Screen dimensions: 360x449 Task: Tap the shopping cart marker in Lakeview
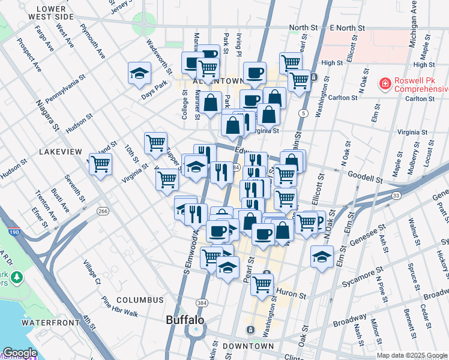(100, 164)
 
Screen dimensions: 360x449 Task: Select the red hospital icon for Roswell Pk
(384, 83)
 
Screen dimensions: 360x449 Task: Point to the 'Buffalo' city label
(185, 320)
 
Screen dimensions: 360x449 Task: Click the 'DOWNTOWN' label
(248, 346)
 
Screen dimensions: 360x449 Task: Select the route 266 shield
(103, 211)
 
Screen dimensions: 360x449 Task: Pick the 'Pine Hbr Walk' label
(119, 313)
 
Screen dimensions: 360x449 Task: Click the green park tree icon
(16, 277)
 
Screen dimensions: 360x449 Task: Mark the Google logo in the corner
(19, 353)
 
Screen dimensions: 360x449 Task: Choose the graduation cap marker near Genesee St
(322, 258)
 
